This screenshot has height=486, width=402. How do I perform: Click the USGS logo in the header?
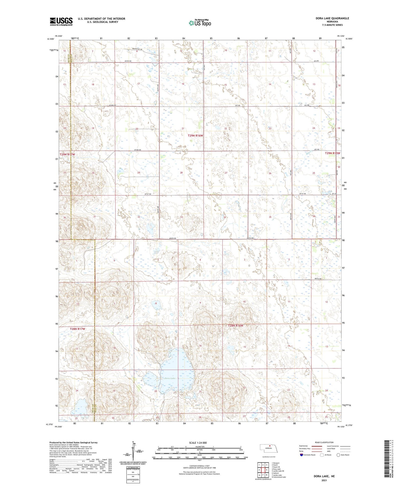point(61,21)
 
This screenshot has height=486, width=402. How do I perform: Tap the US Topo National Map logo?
point(200,23)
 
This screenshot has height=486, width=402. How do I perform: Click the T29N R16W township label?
point(195,136)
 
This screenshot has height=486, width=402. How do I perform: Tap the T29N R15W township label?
point(332,153)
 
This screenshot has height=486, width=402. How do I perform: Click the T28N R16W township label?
point(235,326)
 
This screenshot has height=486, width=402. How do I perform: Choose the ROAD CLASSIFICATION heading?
point(324,442)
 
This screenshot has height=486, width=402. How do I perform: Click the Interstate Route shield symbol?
point(301,455)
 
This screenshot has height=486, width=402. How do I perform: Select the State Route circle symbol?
point(338,455)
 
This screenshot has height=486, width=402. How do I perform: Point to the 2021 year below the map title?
point(324,480)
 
